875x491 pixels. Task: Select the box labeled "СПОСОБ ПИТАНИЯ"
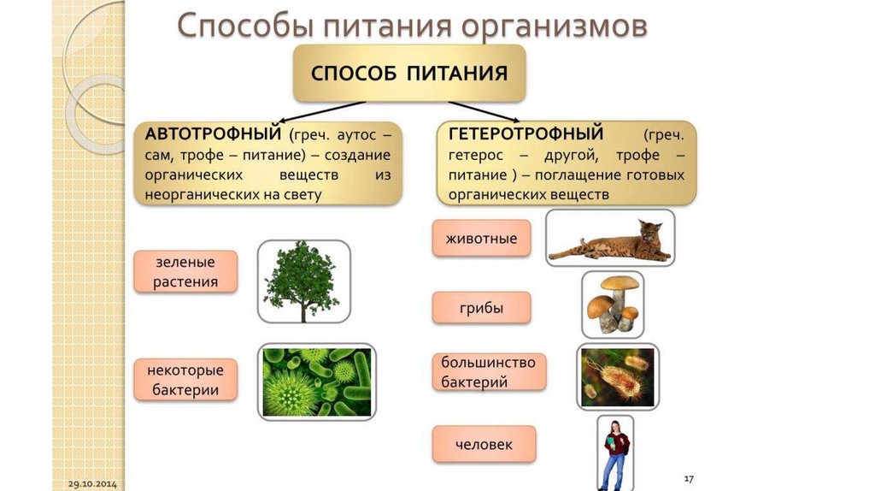[409, 74]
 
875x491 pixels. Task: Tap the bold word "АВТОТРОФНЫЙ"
[213, 134]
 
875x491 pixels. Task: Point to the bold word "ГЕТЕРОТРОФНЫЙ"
[526, 133]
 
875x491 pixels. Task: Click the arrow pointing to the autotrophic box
[322, 112]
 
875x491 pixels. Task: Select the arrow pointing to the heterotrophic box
[484, 112]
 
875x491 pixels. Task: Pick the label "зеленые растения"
[185, 272]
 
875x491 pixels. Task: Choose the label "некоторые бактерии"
[185, 380]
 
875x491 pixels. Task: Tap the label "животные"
[481, 239]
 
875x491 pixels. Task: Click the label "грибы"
[481, 308]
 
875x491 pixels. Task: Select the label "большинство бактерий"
[489, 372]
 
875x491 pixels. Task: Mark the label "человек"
[484, 445]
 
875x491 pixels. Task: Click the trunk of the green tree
[303, 309]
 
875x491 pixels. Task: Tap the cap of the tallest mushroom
[619, 283]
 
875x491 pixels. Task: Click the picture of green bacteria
[317, 382]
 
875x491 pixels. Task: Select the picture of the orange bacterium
[618, 377]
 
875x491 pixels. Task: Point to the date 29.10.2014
[92, 484]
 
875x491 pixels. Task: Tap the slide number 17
[689, 479]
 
